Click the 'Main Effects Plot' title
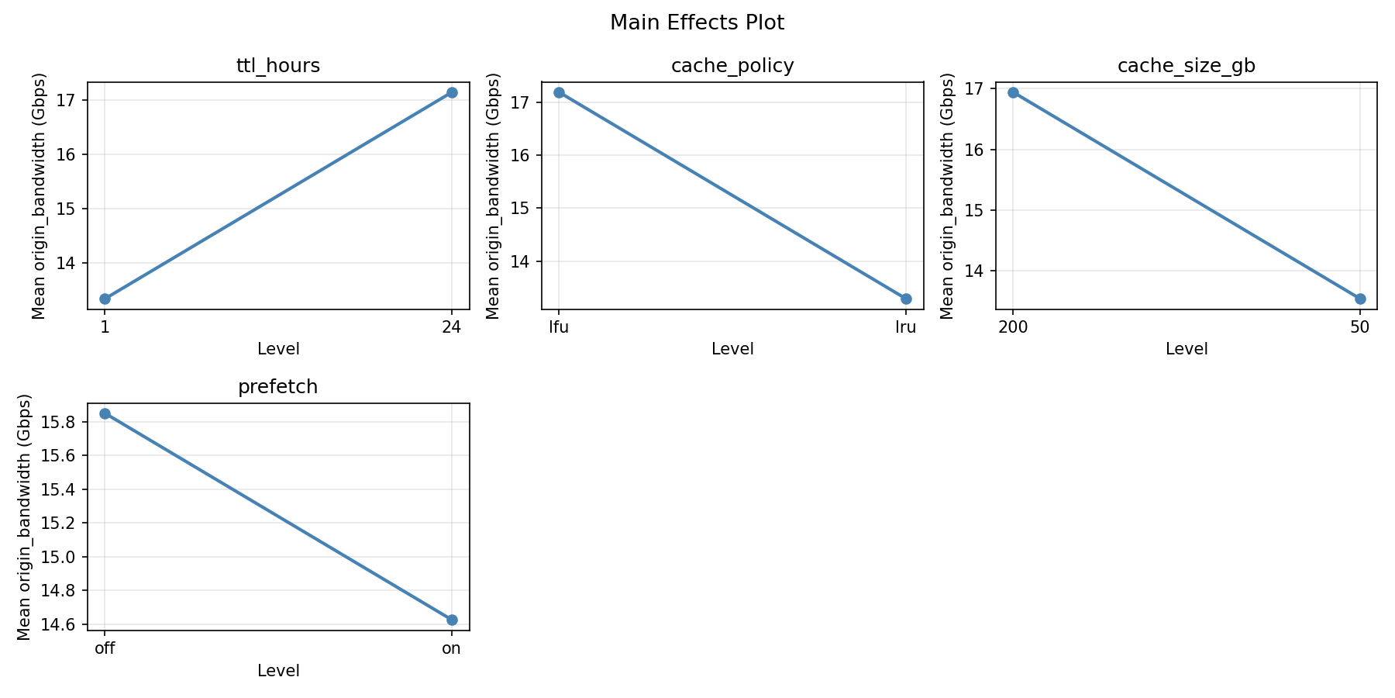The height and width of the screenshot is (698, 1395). click(697, 22)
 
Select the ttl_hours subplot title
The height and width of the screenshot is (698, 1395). click(278, 66)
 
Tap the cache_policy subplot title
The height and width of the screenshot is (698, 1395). click(732, 66)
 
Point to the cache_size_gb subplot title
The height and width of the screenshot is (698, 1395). click(1186, 66)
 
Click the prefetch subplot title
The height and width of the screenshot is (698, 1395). click(278, 387)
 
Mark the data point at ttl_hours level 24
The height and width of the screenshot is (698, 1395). click(452, 92)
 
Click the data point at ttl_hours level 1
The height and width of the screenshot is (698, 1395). click(105, 299)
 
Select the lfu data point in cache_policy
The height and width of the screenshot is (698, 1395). click(559, 92)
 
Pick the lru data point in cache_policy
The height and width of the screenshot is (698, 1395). click(906, 299)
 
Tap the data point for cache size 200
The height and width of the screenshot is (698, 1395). click(1013, 92)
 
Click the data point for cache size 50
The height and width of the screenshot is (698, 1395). click(1360, 299)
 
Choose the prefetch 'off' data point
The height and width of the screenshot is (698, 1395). click(105, 413)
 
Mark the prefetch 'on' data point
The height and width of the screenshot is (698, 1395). click(452, 620)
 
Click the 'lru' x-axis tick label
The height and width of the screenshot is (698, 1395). click(906, 327)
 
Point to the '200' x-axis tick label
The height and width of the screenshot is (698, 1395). click(1013, 327)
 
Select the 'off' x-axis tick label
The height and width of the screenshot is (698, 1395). click(105, 648)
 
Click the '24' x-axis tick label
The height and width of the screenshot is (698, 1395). click(452, 327)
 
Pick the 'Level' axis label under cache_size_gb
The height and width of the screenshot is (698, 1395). click(1187, 350)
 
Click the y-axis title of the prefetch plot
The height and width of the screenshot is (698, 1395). click(24, 517)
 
